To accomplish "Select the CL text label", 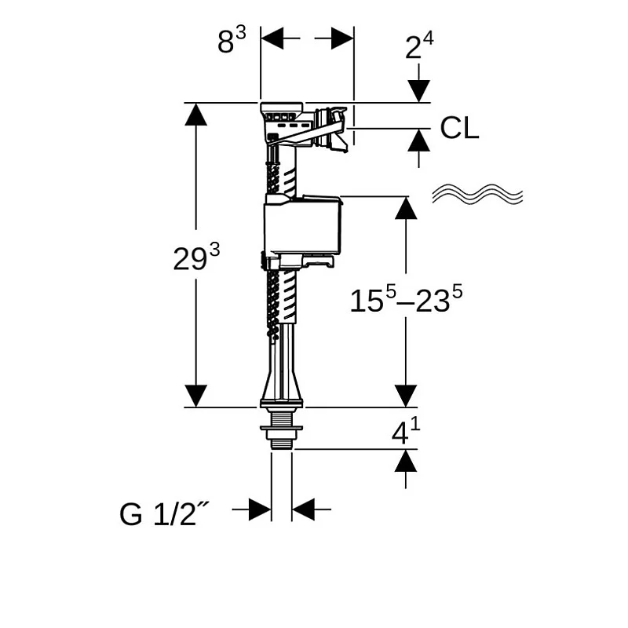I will [x=459, y=128].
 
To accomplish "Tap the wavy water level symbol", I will [x=478, y=195].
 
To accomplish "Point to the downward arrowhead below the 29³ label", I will [x=195, y=396].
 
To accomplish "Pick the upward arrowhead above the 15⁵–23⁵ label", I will [x=406, y=207].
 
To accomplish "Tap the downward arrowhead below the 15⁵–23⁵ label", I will [x=406, y=396].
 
